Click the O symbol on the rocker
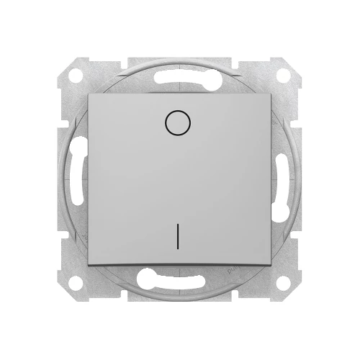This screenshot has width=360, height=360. click(x=174, y=124)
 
